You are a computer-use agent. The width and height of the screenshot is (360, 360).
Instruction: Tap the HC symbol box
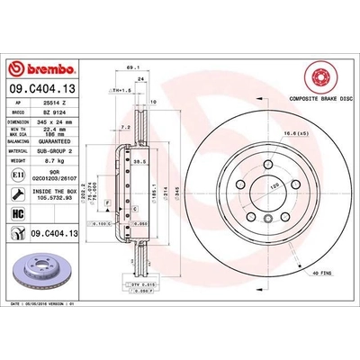click(18, 212)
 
